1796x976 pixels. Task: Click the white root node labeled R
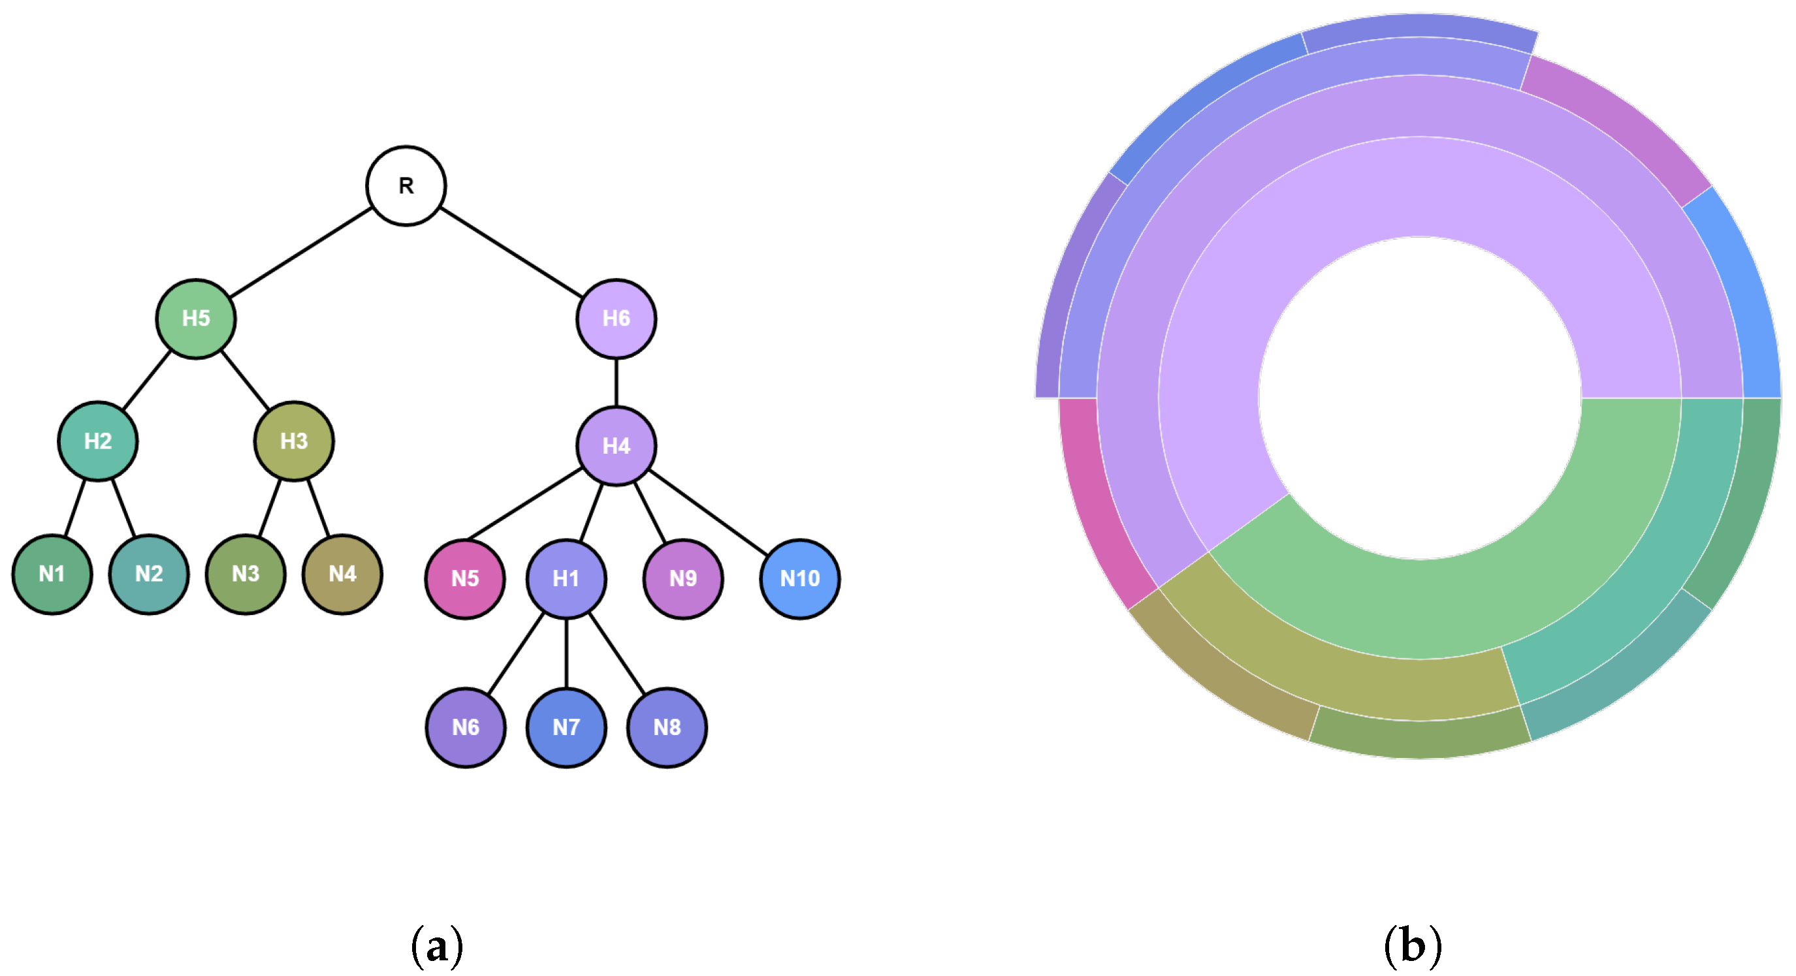tap(406, 185)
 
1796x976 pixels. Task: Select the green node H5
tap(196, 319)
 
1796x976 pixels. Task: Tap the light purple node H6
tap(617, 319)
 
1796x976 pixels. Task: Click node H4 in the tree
tap(617, 445)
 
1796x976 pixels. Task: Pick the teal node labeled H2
tap(97, 441)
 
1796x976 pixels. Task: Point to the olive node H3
tap(293, 441)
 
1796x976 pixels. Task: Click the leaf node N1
tap(52, 574)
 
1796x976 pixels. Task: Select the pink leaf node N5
tap(465, 578)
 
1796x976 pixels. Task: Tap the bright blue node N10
tap(799, 578)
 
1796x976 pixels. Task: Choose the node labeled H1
tap(566, 578)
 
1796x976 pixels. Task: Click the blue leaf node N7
tap(566, 727)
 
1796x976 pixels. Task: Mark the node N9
tap(682, 578)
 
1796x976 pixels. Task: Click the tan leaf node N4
tap(342, 574)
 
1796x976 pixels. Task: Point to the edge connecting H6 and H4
tap(617, 382)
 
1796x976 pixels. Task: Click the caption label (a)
tap(437, 946)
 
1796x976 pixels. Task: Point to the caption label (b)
tap(1413, 946)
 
